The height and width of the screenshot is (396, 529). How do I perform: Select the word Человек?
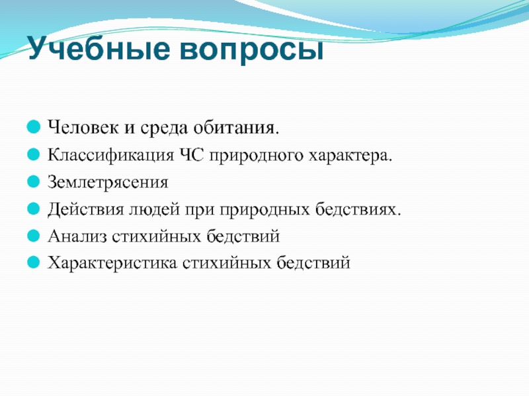[x=83, y=127]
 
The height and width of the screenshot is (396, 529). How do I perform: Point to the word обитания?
[x=236, y=127]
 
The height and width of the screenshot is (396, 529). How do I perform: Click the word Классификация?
[x=111, y=155]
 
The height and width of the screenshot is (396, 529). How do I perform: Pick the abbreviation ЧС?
[x=192, y=155]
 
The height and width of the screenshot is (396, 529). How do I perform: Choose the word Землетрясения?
[x=108, y=182]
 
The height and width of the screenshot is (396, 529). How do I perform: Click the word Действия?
[x=86, y=209]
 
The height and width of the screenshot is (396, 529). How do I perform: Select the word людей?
[x=154, y=209]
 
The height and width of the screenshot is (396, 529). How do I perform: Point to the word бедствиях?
[x=358, y=209]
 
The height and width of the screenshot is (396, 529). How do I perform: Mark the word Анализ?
[x=77, y=236]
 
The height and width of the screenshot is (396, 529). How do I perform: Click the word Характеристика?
[x=112, y=263]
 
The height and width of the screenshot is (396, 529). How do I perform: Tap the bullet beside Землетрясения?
[x=34, y=181]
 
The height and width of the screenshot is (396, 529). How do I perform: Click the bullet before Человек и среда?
[x=34, y=127]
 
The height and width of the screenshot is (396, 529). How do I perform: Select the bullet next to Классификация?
[x=34, y=154]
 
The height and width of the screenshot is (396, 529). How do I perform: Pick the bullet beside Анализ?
[x=34, y=236]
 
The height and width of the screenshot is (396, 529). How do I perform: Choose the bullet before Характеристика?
[x=34, y=262]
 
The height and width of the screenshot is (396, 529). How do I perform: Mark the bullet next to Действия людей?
[x=34, y=209]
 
